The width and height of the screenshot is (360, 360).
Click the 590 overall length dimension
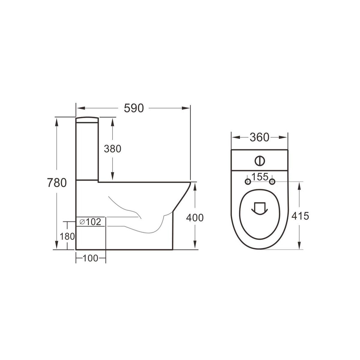[x=134, y=108]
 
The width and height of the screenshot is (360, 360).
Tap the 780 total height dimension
[x=56, y=183]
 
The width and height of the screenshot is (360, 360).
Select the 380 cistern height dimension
[x=112, y=148]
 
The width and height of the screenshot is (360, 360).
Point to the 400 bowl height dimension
[x=195, y=217]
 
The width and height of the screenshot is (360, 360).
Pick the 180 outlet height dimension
[x=67, y=236]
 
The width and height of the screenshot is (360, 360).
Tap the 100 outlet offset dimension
[x=91, y=258]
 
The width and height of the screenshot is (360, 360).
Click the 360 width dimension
[x=259, y=137]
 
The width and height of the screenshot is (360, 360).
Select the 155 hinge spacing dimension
[x=260, y=177]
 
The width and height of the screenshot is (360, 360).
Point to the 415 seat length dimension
[x=300, y=215]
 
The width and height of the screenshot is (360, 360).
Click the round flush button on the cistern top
[x=260, y=161]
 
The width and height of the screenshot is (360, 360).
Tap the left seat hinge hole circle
[x=248, y=181]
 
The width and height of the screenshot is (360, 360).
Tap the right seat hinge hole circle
[x=272, y=181]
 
